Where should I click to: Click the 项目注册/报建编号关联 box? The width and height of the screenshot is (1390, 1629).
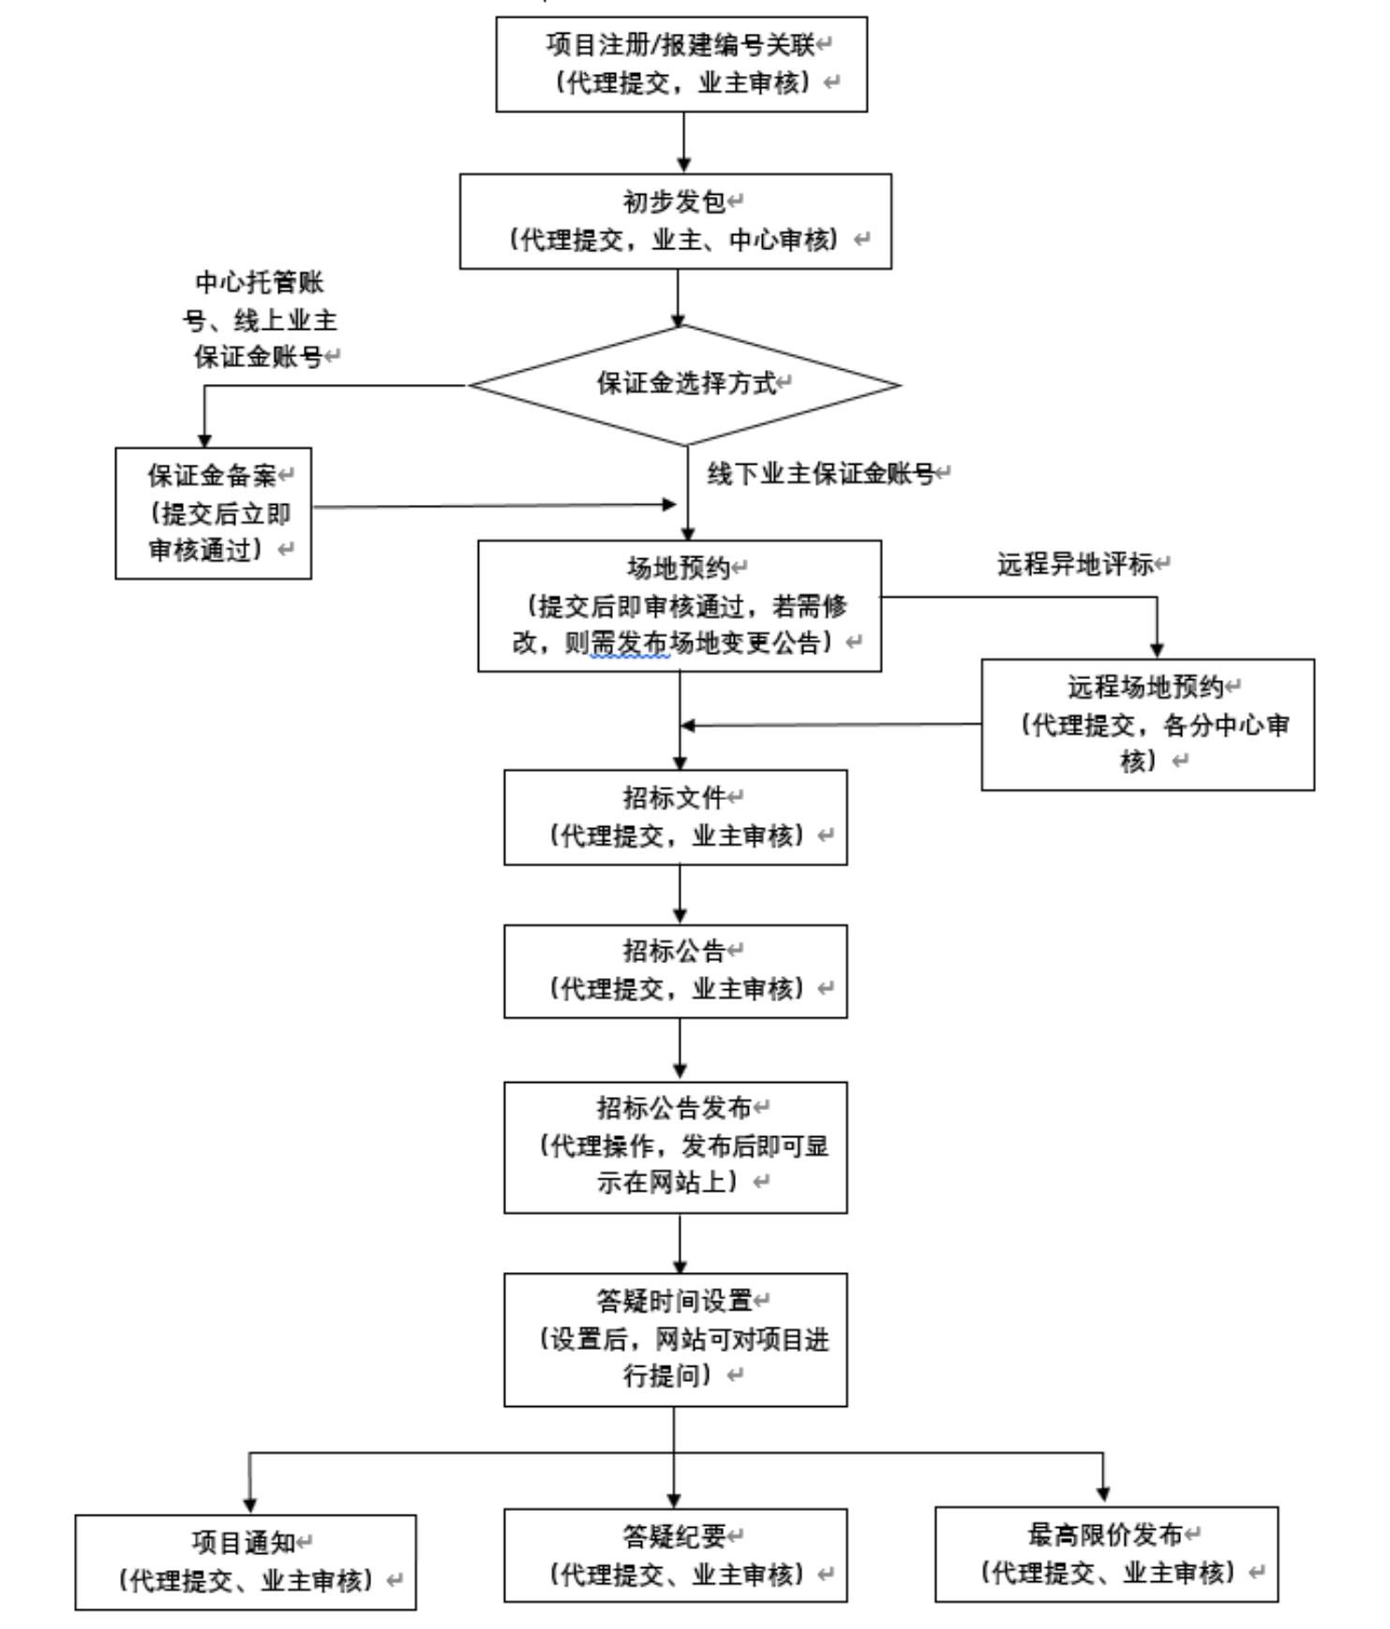click(681, 64)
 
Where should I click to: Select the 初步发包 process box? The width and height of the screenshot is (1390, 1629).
click(675, 221)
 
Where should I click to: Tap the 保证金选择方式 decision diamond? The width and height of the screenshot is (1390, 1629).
click(685, 384)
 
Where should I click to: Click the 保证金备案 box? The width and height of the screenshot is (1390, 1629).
click(214, 512)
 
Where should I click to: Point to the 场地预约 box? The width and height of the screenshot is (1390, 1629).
click(680, 605)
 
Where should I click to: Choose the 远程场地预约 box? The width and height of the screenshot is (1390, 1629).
click(1147, 724)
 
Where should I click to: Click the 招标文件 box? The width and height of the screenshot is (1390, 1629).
click(675, 817)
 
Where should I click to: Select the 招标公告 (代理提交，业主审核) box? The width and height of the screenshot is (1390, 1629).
click(675, 970)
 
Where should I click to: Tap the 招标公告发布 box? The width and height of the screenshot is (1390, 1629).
click(675, 1147)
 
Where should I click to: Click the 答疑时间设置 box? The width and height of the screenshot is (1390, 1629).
click(675, 1339)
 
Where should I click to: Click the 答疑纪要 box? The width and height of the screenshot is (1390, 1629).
click(675, 1555)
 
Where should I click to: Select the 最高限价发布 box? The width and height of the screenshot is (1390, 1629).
click(1106, 1554)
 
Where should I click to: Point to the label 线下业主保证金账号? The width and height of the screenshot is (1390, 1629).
click(821, 474)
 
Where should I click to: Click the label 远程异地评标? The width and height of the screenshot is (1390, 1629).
click(1075, 564)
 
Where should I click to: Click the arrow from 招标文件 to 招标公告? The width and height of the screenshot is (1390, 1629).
click(680, 894)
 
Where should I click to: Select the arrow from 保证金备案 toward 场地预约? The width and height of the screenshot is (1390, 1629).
click(494, 506)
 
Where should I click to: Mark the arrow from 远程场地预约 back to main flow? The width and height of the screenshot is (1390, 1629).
click(830, 724)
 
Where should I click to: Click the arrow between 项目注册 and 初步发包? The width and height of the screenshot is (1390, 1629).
click(683, 141)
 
